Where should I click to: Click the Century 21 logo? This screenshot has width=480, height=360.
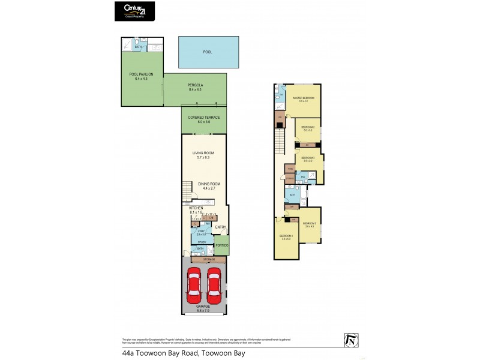click(x=134, y=11)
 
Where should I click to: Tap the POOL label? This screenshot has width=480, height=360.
click(x=208, y=52)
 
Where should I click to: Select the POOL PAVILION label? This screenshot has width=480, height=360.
click(x=142, y=76)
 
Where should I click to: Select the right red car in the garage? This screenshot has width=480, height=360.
click(x=215, y=285)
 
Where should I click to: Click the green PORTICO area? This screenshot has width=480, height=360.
click(x=221, y=245)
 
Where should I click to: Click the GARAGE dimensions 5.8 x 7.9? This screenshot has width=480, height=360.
click(x=204, y=310)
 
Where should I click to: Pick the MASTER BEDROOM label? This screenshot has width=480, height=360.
click(x=304, y=98)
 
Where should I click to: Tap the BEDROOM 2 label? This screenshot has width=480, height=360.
click(x=308, y=128)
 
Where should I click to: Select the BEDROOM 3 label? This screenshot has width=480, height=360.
click(x=308, y=159)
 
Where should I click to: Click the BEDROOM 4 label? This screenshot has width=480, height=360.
click(x=285, y=236)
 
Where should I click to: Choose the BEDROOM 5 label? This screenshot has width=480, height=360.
click(x=310, y=224)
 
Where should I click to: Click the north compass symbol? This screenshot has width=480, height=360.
click(x=350, y=340)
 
